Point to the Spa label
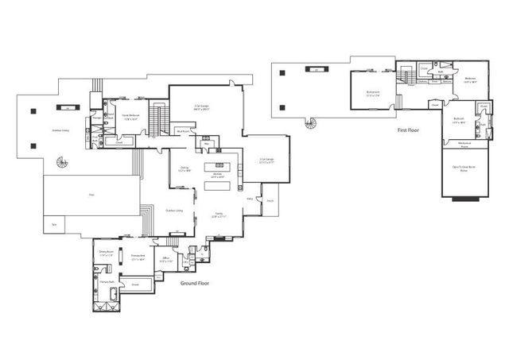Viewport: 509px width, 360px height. coord(55,226)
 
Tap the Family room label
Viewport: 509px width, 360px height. coord(219,215)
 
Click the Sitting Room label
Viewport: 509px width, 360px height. coord(104,253)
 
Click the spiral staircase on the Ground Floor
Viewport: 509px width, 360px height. coord(62,163)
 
